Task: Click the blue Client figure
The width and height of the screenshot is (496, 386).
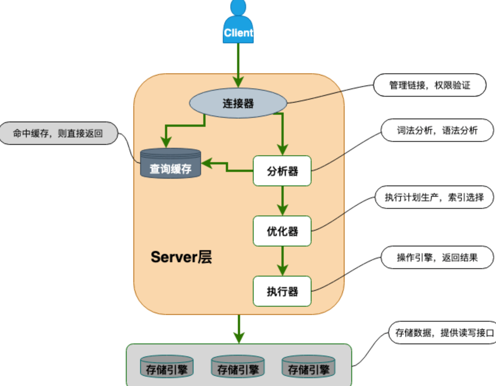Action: pos(238,26)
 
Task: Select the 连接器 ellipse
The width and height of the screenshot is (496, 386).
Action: pos(238,103)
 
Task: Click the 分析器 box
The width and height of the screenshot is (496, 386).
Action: pos(282,171)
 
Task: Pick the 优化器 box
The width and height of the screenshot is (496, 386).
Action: pos(282,231)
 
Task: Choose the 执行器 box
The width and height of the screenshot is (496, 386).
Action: pos(282,291)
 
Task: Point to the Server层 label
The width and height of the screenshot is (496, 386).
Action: pos(181,257)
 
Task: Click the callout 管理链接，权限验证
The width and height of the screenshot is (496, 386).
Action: pos(429,85)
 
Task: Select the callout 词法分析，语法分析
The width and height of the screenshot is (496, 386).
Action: pos(437,130)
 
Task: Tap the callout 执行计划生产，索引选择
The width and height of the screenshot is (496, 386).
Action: pos(434,197)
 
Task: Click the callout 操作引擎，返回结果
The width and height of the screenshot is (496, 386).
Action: pos(437,257)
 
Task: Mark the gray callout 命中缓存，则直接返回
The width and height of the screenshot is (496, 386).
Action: pos(58,133)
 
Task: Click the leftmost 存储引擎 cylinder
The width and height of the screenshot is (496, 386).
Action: pos(166,367)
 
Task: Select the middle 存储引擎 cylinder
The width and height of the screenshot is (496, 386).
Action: pos(238,367)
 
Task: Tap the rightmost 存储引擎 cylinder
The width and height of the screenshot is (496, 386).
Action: pos(308,367)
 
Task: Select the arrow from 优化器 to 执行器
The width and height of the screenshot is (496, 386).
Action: pos(283,260)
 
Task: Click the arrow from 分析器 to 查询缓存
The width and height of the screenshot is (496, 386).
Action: pos(227,167)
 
